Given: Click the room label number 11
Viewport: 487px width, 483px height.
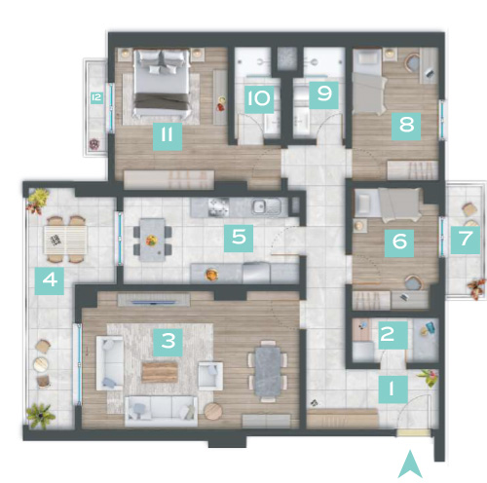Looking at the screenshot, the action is click(168, 136).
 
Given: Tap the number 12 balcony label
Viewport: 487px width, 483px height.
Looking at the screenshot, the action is click(96, 97).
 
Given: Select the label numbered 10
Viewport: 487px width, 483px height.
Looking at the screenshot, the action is click(259, 99).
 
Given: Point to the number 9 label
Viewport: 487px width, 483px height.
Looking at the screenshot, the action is click(323, 94).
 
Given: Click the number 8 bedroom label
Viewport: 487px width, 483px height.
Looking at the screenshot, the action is click(406, 126).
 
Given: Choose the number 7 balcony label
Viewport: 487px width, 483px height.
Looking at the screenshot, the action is click(465, 240).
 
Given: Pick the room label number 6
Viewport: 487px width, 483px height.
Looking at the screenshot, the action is click(399, 243).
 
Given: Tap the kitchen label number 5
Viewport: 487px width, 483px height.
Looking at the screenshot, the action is click(239, 238).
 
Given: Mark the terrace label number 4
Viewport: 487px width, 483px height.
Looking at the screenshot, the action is click(50, 280).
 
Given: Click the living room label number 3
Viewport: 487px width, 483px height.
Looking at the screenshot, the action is click(168, 343).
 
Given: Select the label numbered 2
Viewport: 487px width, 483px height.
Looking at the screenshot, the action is click(393, 335).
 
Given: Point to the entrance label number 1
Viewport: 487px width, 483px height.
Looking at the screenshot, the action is click(393, 390).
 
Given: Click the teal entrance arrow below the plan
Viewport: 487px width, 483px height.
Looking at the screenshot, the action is click(410, 464).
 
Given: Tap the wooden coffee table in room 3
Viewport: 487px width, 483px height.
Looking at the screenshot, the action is click(160, 372).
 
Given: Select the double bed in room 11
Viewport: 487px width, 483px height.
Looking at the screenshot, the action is click(162, 84).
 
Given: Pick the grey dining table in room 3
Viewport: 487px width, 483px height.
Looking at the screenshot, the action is click(268, 372).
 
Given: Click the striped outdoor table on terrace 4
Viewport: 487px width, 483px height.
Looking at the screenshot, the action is click(65, 241).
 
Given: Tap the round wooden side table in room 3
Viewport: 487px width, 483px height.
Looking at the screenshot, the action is click(213, 411).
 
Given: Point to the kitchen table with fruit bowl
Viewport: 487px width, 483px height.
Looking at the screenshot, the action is click(152, 241).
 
